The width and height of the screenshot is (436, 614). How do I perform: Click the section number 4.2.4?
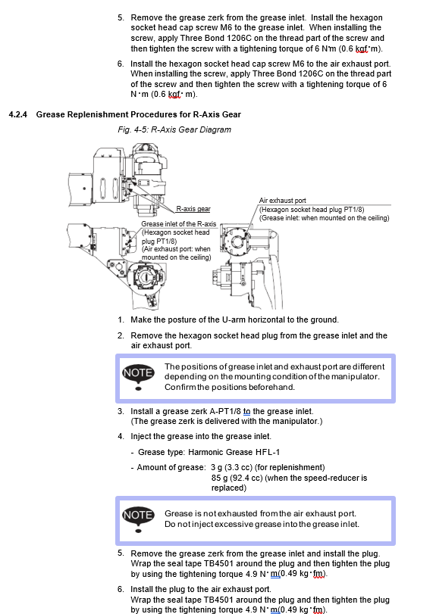(x=18, y=114)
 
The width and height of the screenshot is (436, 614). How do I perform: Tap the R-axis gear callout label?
(x=193, y=209)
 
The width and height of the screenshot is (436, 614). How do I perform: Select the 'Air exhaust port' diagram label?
(x=282, y=201)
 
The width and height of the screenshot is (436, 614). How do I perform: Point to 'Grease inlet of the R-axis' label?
(x=179, y=224)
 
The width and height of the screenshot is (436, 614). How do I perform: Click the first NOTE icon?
(x=138, y=376)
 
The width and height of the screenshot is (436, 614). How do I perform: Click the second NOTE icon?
(x=138, y=519)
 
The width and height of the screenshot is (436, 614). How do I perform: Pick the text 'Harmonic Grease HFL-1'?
(x=234, y=452)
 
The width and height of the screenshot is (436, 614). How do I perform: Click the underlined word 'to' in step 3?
(x=246, y=412)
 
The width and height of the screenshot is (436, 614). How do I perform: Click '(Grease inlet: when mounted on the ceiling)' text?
(x=325, y=218)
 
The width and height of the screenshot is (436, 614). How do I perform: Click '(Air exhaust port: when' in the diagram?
(x=176, y=249)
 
